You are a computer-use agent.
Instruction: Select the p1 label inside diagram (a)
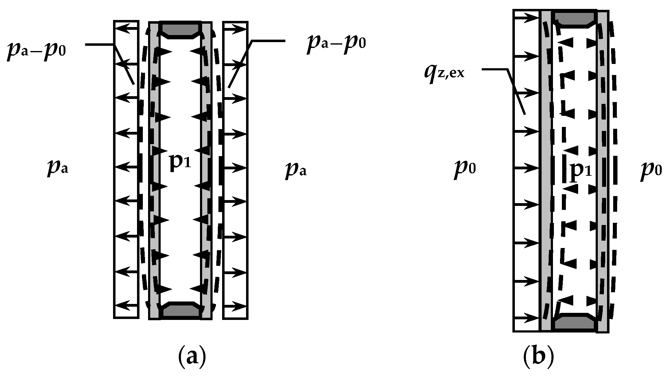(180, 162)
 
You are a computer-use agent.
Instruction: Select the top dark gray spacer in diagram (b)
(574, 18)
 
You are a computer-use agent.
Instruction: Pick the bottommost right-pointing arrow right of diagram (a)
(235, 306)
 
